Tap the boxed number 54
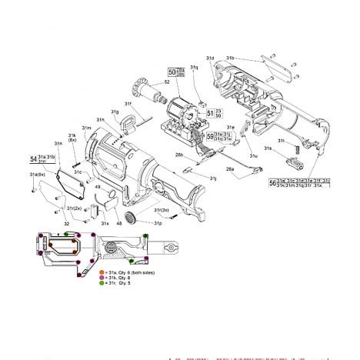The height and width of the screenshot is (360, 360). coord(34,159)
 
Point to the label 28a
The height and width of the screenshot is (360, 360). coord(229,169)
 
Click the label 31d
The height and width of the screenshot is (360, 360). coord(210,58)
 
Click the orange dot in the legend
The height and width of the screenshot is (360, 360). coord(102,272)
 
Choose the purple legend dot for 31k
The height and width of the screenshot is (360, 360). coord(102,278)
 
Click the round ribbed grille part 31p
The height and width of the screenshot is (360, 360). coord(130,213)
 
